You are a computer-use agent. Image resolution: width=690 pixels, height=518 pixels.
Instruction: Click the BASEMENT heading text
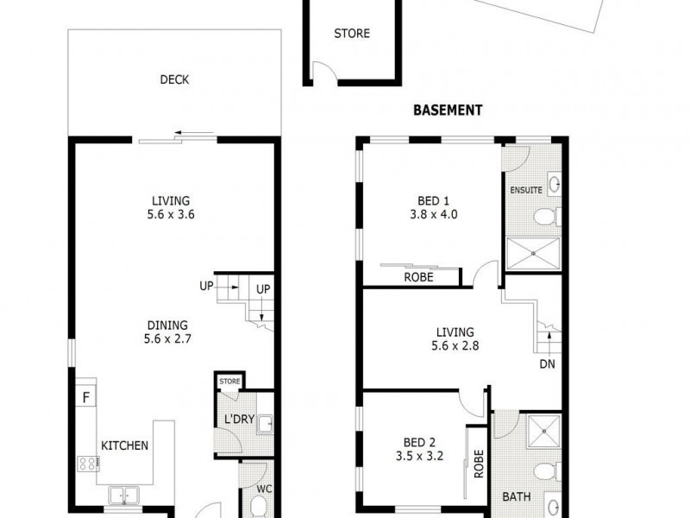(448, 110)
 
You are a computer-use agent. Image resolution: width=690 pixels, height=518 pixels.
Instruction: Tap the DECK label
(174, 80)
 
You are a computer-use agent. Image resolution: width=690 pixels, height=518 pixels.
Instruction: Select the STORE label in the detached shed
(352, 34)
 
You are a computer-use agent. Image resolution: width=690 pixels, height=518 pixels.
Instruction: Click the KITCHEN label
(125, 446)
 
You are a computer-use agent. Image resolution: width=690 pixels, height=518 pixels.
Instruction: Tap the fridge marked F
(85, 398)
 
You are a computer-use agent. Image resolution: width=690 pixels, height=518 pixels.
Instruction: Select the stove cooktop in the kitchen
(88, 464)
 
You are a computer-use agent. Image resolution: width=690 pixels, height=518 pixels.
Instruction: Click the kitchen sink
(125, 495)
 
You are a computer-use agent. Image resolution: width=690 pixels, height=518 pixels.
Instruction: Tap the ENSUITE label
(525, 189)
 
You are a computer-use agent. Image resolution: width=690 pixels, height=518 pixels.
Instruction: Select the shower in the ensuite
(531, 253)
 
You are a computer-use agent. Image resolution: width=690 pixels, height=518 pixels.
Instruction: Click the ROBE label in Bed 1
(418, 278)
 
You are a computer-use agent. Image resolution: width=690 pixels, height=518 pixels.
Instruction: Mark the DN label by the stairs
(547, 364)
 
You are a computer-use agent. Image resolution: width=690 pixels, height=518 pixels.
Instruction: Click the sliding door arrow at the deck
(193, 134)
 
